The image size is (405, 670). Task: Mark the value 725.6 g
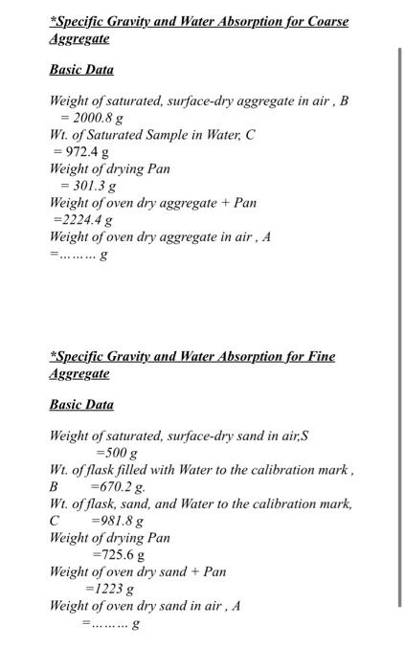point(122,555)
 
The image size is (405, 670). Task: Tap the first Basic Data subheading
point(81,70)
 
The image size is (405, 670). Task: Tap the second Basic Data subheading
point(81,405)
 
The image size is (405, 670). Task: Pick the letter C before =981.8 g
point(55,521)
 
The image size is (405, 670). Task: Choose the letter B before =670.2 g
point(55,486)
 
